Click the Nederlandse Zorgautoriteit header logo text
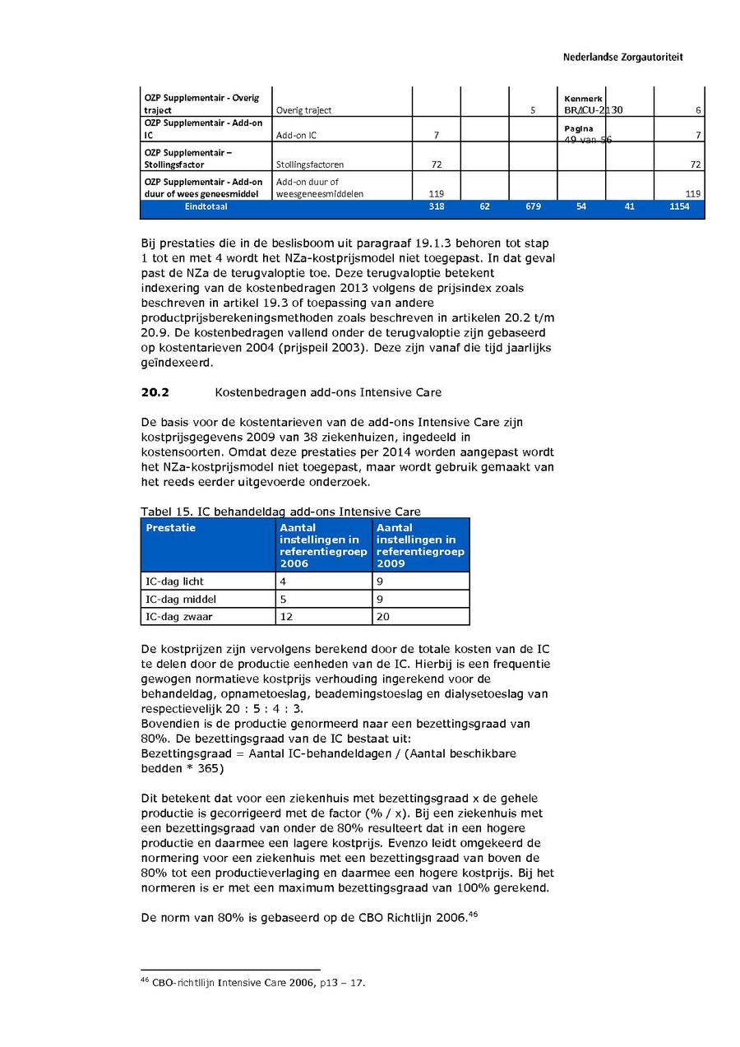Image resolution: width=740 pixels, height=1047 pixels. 622,58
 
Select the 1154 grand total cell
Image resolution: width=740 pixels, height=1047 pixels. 690,207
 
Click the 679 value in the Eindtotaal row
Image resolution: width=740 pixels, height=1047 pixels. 533,207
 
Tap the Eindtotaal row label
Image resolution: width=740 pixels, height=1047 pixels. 206,207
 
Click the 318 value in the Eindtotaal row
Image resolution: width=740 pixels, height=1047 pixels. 437,207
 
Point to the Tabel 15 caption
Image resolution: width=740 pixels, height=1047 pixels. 280,512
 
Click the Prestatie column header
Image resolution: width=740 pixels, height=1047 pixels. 170,528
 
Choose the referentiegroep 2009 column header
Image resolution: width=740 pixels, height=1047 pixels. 420,545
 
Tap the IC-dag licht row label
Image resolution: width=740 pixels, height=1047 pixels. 174,581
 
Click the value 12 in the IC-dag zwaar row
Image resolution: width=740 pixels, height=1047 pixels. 285,617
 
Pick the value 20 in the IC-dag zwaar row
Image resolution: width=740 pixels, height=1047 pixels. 382,617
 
